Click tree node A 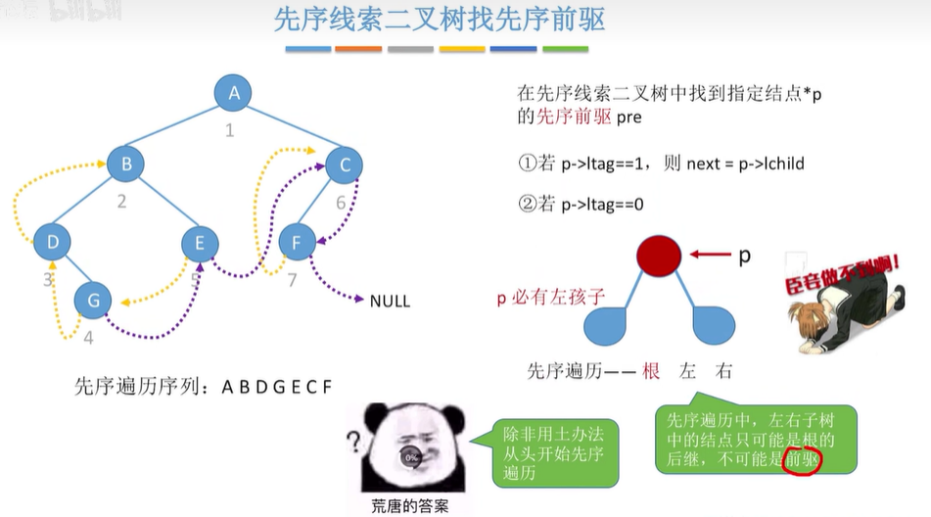click(234, 94)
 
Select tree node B click(126, 164)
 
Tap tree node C click(344, 165)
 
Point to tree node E click(200, 242)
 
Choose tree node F click(297, 241)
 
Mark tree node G click(93, 301)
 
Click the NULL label click(390, 301)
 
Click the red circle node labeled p click(659, 257)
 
